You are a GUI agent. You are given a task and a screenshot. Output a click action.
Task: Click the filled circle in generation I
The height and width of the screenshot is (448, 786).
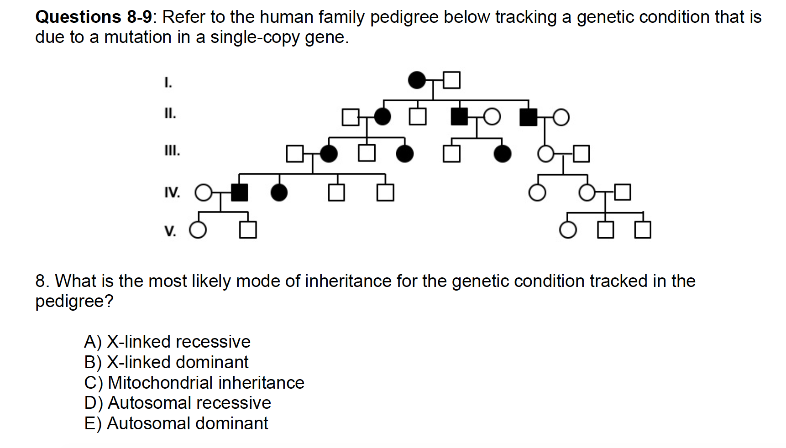coord(416,80)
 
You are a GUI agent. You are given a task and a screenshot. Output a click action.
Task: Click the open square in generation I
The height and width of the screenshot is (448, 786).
coord(451,80)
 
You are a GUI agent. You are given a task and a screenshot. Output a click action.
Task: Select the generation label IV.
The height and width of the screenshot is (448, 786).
coord(172,193)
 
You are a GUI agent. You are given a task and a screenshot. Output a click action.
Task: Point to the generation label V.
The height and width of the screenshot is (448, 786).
coord(170,231)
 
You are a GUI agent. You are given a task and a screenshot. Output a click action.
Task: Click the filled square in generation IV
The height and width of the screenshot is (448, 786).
coord(239,193)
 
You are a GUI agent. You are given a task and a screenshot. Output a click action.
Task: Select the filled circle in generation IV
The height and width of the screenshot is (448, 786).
coord(279,193)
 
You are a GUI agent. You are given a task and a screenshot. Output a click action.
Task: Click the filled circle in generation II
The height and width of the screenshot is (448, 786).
coord(383,117)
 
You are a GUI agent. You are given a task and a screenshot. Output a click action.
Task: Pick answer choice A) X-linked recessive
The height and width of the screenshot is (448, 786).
coord(167,342)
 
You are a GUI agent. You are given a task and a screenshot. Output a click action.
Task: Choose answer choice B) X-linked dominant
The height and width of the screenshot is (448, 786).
coord(166,362)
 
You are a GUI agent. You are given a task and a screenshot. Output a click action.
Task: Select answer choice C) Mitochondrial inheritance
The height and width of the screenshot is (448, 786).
coord(194,383)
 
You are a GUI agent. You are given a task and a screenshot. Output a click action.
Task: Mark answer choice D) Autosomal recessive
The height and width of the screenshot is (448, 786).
coord(178,403)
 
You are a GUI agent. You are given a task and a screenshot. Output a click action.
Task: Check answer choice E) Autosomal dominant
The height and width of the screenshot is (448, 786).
coord(176,423)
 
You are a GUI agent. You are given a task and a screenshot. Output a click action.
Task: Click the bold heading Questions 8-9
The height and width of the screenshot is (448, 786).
coord(94,17)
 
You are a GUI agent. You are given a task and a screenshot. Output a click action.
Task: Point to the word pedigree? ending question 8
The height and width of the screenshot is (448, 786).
coord(74,301)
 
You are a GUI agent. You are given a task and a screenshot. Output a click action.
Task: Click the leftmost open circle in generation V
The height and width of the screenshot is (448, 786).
coord(198,230)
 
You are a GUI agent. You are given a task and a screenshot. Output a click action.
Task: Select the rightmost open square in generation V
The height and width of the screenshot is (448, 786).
coord(643,230)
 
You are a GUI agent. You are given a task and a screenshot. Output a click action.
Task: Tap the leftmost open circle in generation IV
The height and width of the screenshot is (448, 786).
coord(204,193)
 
